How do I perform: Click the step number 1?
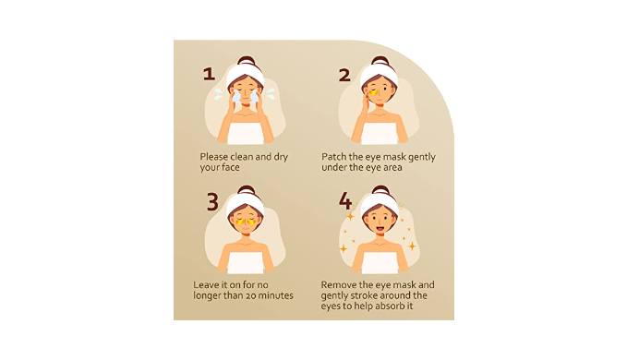pyautogui.click(x=209, y=74)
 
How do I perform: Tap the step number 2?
pyautogui.click(x=344, y=75)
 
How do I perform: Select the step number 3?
pyautogui.click(x=212, y=202)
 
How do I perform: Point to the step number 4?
pyautogui.click(x=345, y=200)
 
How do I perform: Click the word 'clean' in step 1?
pyautogui.click(x=242, y=157)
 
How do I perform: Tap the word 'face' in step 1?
pyautogui.click(x=230, y=167)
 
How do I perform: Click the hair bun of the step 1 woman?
pyautogui.click(x=247, y=61)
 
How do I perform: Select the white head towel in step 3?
pyautogui.click(x=245, y=203)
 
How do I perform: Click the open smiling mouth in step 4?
pyautogui.click(x=380, y=229)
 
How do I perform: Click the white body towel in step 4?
pyautogui.click(x=380, y=262)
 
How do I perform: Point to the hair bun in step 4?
pyautogui.click(x=380, y=190)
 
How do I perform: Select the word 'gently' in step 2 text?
pyautogui.click(x=421, y=158)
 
